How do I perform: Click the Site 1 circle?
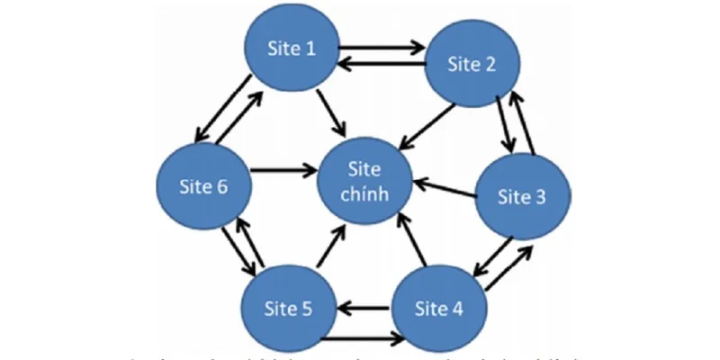pyautogui.click(x=292, y=49)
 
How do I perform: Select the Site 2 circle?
pyautogui.click(x=471, y=64)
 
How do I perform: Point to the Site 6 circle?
pyautogui.click(x=203, y=187)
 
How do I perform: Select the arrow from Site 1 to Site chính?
pyautogui.click(x=330, y=113)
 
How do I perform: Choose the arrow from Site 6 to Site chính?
pyautogui.click(x=283, y=168)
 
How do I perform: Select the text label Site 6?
pyautogui.click(x=203, y=187)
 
